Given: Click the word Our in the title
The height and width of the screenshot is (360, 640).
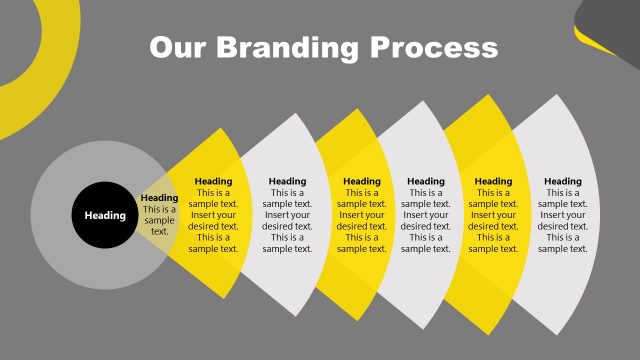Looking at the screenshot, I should point(177,47).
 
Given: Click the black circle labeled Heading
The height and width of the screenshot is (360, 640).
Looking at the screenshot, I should point(105,215).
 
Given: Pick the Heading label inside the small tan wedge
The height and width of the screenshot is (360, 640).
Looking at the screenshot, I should point(160,198).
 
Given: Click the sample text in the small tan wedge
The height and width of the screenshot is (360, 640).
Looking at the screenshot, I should point(160,220).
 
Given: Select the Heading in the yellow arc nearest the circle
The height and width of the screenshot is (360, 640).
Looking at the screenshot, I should point(213,181).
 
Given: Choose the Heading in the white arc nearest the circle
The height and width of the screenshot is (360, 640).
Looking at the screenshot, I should point(287,181).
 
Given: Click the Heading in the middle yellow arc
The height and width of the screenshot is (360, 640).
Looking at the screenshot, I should point(361,181).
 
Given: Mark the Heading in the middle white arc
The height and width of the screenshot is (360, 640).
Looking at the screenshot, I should point(425,181).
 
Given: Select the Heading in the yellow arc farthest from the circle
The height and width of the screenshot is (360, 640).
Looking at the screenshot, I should point(493,181).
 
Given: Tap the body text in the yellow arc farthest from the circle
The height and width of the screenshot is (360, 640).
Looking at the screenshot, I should point(493,220).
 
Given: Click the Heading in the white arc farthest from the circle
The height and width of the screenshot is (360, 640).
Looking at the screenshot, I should point(562,181).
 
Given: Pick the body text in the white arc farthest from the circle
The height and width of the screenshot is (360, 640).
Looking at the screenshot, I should point(562,220).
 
